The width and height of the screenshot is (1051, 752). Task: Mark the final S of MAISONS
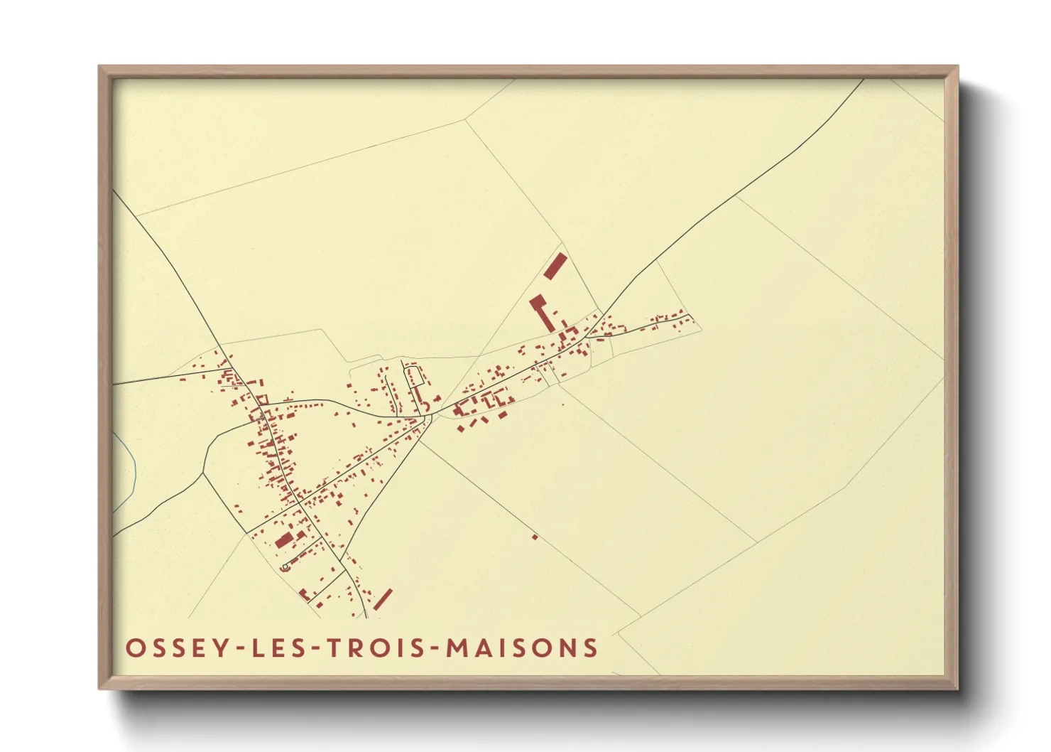click(590, 648)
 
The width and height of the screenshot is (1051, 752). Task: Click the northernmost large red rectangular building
click(555, 266)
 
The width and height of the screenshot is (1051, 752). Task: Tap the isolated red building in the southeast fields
click(535, 537)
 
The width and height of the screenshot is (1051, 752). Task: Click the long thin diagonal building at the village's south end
click(383, 598)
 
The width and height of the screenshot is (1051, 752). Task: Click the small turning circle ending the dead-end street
click(285, 566)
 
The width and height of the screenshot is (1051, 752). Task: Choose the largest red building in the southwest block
click(284, 540)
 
